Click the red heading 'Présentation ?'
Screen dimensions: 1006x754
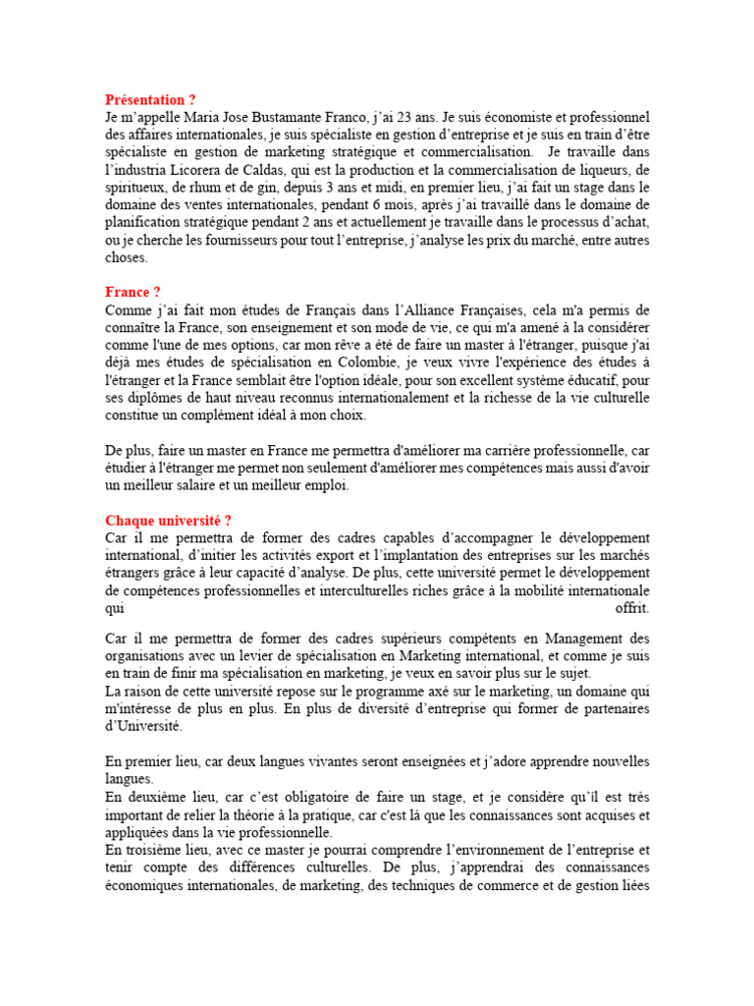(150, 100)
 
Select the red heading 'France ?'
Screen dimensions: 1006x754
(133, 292)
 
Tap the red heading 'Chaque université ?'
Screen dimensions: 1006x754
(168, 520)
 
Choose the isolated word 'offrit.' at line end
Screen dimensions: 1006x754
(631, 608)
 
